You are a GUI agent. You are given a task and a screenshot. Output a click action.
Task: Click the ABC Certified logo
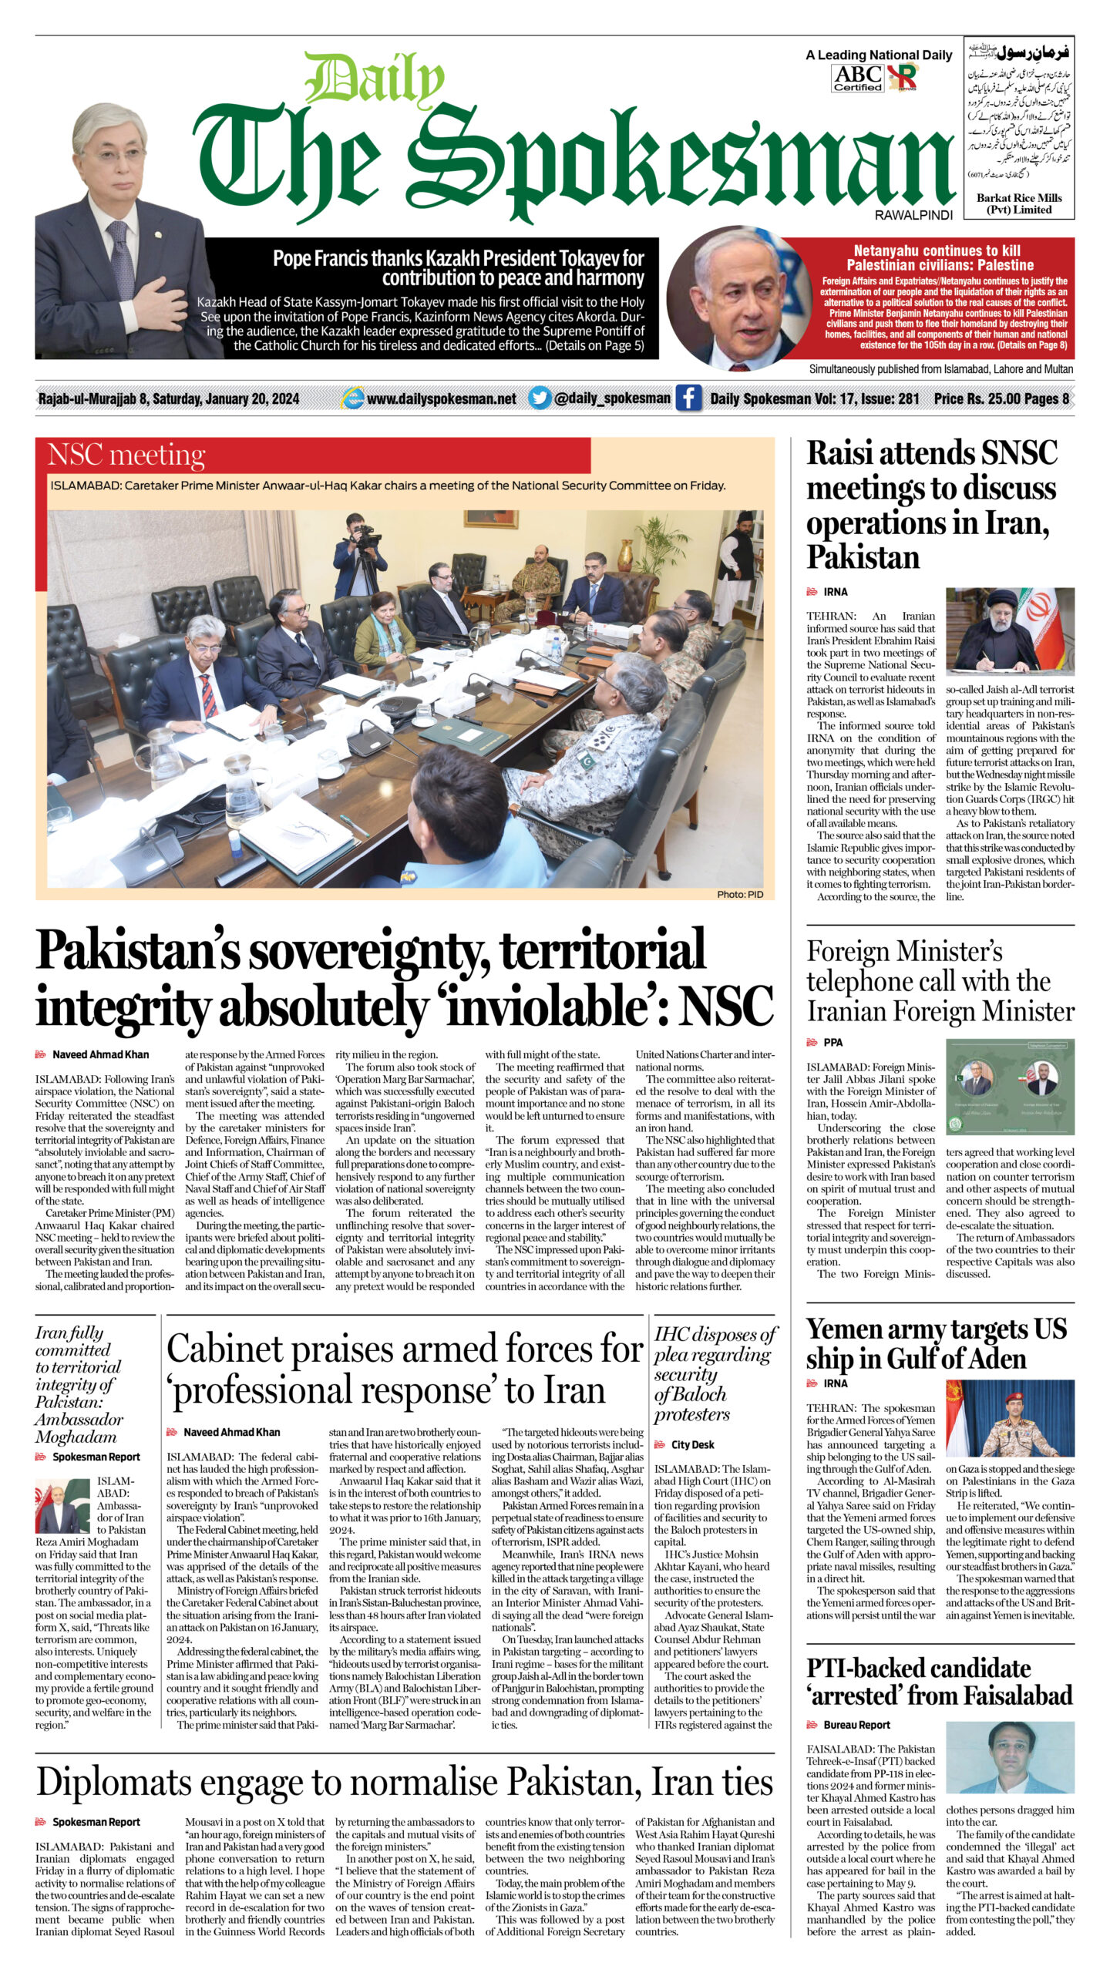[857, 78]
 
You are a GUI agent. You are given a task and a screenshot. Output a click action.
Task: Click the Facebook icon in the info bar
[688, 398]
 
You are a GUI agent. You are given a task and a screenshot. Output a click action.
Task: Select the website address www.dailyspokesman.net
[441, 398]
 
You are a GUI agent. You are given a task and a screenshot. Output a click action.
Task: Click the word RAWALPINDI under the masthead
[913, 216]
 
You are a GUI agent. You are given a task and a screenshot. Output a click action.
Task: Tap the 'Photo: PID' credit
[739, 894]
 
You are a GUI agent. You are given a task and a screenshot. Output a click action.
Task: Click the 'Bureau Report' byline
[856, 1725]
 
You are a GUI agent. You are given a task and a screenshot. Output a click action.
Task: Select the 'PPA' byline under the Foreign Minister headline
[833, 1042]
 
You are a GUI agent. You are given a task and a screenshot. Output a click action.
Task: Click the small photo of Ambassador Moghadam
[62, 1505]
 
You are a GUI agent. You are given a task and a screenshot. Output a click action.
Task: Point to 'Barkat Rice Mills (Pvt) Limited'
[1018, 203]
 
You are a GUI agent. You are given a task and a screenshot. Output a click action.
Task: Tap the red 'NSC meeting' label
[126, 455]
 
